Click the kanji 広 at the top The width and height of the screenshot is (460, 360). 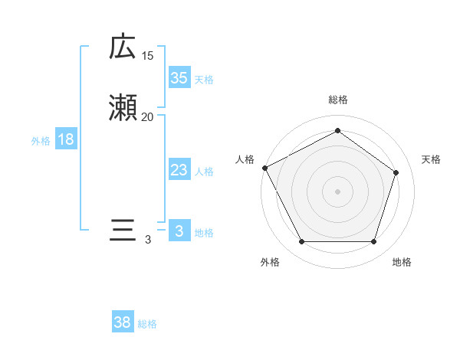(x=122, y=47)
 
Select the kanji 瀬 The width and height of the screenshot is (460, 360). (x=123, y=109)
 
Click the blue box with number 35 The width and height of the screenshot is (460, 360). (x=179, y=77)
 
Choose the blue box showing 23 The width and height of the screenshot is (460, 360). (x=179, y=171)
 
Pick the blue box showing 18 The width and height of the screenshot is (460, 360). (x=66, y=139)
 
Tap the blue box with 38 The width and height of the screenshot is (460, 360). (x=123, y=322)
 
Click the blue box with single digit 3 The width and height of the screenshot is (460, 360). (x=179, y=231)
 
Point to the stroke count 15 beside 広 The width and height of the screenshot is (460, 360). (x=148, y=56)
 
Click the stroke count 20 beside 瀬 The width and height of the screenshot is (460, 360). (x=148, y=117)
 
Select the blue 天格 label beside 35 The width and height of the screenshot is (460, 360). (x=204, y=79)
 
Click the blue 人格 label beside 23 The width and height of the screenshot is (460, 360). (x=204, y=172)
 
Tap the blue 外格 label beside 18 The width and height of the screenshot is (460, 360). (x=41, y=141)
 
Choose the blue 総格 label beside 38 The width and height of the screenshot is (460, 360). (x=147, y=324)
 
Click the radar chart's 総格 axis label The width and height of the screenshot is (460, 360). (x=337, y=100)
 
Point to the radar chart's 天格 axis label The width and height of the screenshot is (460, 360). (x=432, y=159)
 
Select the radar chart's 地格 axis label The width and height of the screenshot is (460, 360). (x=402, y=262)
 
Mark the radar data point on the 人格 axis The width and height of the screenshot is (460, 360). (x=264, y=167)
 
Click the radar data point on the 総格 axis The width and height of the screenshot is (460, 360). (x=337, y=131)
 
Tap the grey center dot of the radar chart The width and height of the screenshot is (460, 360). (x=337, y=191)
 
